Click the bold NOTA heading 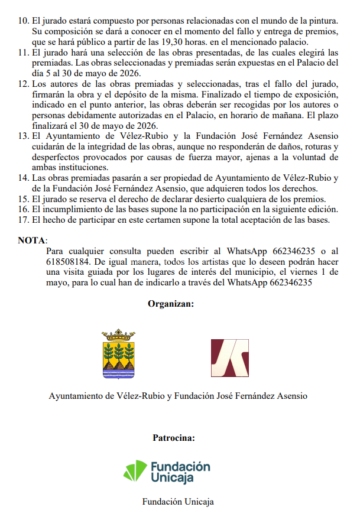(32, 240)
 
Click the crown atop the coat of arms (119, 333)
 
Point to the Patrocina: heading (174, 438)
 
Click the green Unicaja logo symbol (135, 471)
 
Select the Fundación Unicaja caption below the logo (178, 502)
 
